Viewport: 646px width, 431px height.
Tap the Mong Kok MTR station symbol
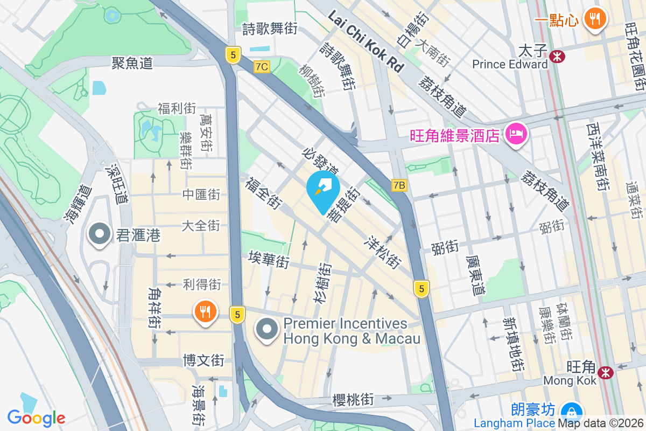(x=606, y=372)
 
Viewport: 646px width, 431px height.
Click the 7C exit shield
(x=262, y=66)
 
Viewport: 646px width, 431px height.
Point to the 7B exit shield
(x=399, y=185)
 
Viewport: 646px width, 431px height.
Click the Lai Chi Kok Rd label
(x=366, y=42)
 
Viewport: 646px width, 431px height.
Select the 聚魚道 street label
(x=132, y=63)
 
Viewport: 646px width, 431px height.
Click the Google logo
(x=37, y=418)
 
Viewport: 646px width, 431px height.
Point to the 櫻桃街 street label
(x=353, y=400)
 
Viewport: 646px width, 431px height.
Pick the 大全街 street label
(x=201, y=225)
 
